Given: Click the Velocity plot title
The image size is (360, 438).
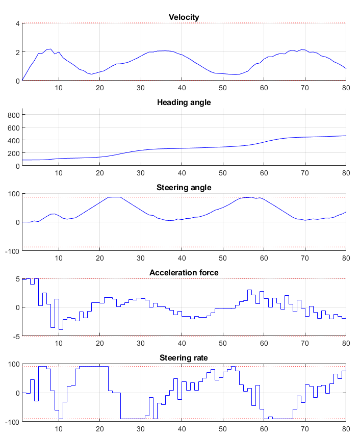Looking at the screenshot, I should [x=184, y=17].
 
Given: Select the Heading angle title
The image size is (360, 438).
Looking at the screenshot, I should [x=184, y=102].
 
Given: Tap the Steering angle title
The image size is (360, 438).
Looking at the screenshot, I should [x=184, y=188].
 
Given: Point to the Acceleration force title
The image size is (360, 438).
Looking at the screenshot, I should [x=184, y=273].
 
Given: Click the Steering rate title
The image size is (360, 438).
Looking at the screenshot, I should [x=184, y=358].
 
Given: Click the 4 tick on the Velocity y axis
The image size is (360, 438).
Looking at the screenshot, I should [x=17, y=23].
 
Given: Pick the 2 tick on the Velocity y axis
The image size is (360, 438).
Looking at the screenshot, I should [x=17, y=52].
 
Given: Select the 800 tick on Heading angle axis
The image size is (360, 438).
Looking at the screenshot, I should [x=13, y=115].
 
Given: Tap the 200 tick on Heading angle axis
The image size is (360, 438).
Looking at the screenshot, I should [x=13, y=153].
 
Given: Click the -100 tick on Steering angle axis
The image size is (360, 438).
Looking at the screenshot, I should [x=11, y=251].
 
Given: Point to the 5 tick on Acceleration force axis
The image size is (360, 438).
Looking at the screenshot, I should [x=17, y=279].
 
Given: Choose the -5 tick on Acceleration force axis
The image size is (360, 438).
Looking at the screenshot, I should [x=16, y=336].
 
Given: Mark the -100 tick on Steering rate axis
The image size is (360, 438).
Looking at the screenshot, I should [x=11, y=421].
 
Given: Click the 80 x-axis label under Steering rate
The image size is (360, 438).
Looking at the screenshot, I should [x=346, y=429].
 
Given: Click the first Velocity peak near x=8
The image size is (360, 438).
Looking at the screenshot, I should [x=50, y=49].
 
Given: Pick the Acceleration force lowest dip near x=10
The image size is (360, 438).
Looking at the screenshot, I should [x=61, y=329].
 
